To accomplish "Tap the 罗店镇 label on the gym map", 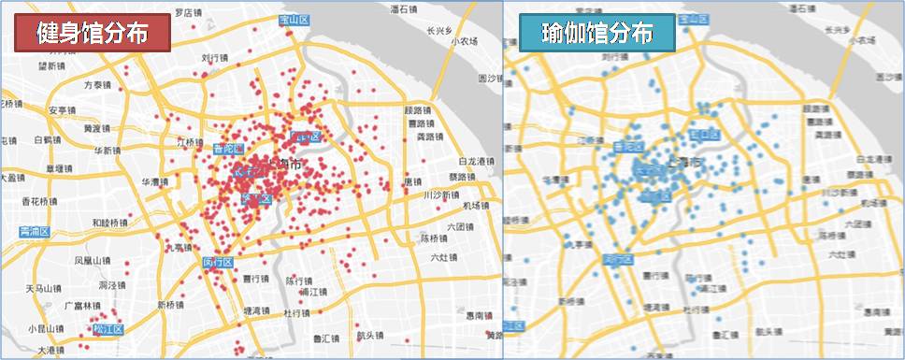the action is pos(190,13).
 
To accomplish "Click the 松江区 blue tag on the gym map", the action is pos(108,328).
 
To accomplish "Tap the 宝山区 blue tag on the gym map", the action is pos(294,19).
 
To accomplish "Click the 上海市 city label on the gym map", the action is pos(284,165).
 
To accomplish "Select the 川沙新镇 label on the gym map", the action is pos(441,195).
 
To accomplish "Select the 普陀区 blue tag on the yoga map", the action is pos(628,147).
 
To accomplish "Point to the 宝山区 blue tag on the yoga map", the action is pos(696,19).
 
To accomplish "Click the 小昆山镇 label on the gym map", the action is pos(46,328).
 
